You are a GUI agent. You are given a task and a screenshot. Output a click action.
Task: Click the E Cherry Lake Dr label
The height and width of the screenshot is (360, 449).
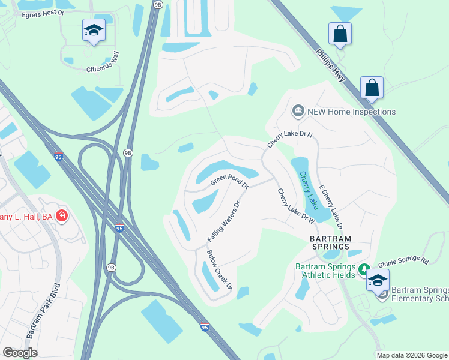coord(330,207)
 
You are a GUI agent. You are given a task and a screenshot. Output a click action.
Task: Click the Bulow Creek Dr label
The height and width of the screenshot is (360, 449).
coord(219,270)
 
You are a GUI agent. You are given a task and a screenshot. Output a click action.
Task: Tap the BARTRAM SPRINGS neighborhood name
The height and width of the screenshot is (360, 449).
coord(330,242)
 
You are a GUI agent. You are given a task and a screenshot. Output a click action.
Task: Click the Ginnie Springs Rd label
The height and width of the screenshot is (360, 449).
coord(403,262)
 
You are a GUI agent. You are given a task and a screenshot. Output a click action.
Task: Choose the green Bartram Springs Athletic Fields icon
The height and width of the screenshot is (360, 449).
coord(363,270)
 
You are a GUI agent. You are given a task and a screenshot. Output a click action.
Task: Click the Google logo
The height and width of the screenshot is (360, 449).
coord(20,353)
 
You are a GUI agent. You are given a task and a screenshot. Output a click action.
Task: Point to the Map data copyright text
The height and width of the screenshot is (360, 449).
coord(412,355)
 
